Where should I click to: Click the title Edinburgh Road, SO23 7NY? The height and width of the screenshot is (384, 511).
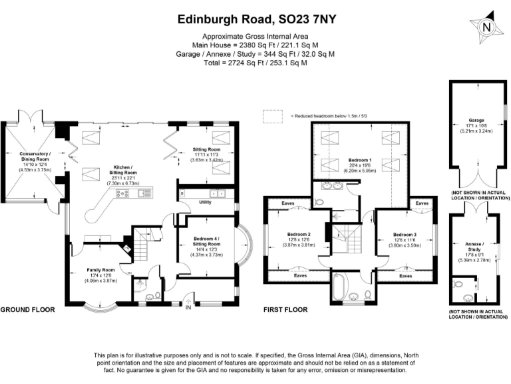(x=255, y=20)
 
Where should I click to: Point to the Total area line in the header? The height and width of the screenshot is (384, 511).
(x=255, y=63)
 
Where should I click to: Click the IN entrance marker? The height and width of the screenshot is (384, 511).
(x=188, y=308)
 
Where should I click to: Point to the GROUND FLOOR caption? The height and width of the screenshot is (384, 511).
(x=27, y=310)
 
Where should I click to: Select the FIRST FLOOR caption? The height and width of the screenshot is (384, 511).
(x=285, y=310)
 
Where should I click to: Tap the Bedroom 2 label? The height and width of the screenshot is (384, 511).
(x=299, y=239)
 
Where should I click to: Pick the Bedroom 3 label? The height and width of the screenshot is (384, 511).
(x=405, y=239)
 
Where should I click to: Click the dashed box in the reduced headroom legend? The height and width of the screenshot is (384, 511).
(x=273, y=116)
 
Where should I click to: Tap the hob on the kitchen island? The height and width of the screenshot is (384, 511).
(x=123, y=194)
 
